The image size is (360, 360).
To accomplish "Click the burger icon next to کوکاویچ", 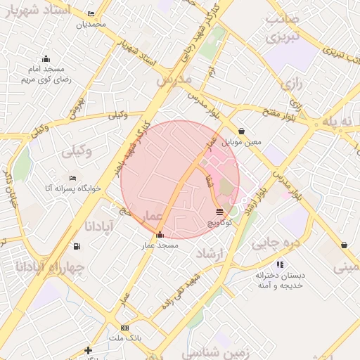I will point(220,211).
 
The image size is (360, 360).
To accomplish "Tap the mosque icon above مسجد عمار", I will point(160,235).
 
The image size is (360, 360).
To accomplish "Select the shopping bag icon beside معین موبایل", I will point(242,131).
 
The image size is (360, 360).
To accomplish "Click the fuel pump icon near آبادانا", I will point(76,246).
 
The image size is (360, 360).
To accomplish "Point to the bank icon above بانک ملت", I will point(125,328).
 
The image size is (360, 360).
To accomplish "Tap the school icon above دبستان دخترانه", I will point(280,264).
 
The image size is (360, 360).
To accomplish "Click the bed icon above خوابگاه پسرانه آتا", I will point(72,178).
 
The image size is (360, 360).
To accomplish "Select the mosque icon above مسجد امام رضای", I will point(46,58).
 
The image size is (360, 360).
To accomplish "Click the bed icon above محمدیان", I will point(91,14).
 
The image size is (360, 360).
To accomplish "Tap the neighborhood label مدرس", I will point(174,80).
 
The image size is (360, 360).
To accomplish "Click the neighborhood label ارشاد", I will point(210,252).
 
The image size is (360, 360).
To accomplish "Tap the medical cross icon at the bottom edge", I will point(88,350).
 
